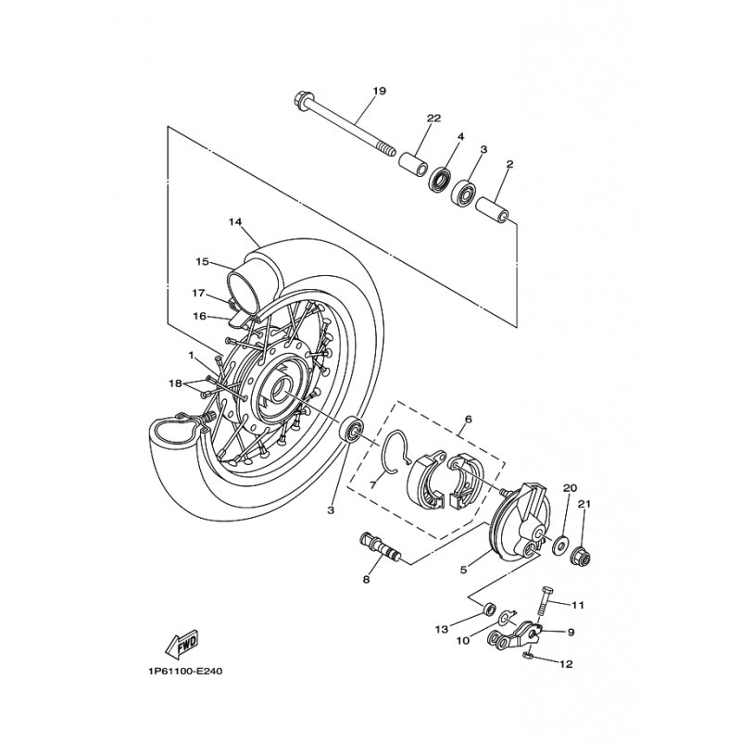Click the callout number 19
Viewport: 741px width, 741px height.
[380, 91]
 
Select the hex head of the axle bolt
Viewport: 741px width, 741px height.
[301, 100]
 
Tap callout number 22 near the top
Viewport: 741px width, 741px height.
[433, 119]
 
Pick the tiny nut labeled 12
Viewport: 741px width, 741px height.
[529, 655]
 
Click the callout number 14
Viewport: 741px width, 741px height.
[235, 221]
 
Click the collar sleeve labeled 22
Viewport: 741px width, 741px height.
[414, 164]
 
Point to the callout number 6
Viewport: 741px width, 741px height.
[469, 420]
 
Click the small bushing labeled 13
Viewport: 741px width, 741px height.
[489, 608]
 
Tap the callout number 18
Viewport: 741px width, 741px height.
[175, 383]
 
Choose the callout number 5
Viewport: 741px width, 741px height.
[462, 570]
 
